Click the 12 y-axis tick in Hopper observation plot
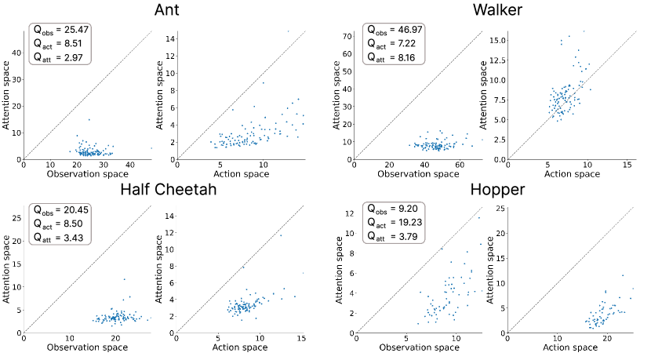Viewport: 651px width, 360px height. [350, 213]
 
